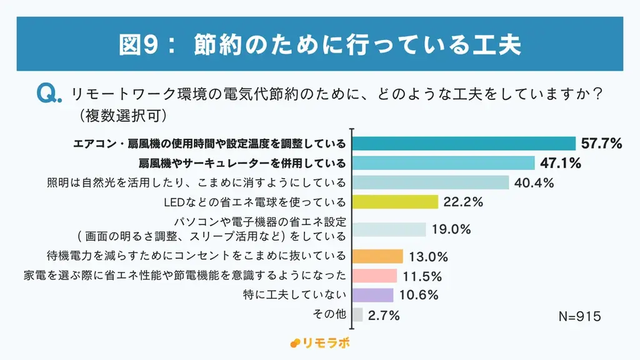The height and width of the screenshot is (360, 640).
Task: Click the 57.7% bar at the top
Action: coord(464,144)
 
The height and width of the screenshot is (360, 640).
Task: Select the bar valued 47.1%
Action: coord(444,164)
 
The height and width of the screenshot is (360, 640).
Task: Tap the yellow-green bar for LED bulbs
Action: coord(395,202)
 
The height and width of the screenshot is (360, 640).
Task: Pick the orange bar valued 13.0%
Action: coord(377,256)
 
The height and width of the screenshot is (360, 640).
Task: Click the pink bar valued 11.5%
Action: coord(375,276)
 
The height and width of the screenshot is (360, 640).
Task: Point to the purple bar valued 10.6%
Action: coord(373,295)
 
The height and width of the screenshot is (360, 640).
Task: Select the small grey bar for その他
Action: coord(357,315)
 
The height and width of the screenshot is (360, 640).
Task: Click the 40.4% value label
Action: coord(534,183)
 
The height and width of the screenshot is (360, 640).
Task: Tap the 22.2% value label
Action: coord(463,202)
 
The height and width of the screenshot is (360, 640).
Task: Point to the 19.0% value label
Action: coord(451,229)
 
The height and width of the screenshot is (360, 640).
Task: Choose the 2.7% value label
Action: coord(384,316)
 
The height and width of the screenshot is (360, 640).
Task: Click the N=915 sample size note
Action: coord(579,317)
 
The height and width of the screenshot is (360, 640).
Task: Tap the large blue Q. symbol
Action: coord(49,94)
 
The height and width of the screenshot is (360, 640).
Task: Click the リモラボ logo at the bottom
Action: coord(319,342)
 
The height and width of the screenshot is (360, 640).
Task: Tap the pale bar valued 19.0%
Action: coord(389,229)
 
